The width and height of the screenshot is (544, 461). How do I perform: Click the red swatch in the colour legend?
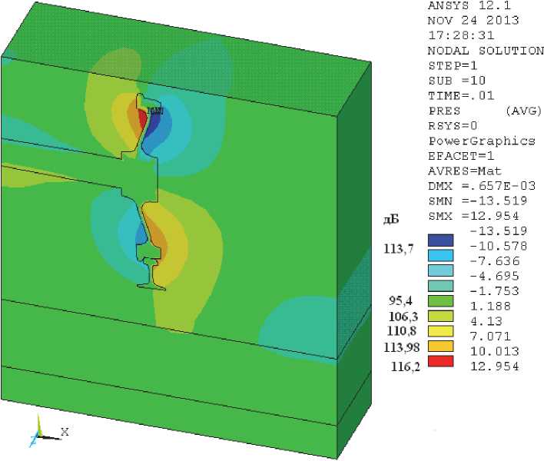point(440,361)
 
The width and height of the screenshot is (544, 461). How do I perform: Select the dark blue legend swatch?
point(440,240)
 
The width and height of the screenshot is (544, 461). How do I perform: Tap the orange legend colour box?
point(440,347)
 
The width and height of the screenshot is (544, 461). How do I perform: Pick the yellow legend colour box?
point(440,331)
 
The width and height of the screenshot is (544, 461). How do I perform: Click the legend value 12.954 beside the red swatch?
point(495,366)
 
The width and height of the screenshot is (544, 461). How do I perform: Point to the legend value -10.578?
point(498,246)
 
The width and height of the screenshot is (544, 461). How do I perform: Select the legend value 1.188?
point(490,306)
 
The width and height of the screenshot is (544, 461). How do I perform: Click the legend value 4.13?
point(486,321)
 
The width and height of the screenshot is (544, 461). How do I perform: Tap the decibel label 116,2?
point(406,366)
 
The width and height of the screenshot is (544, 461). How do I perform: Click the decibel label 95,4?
point(401,300)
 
